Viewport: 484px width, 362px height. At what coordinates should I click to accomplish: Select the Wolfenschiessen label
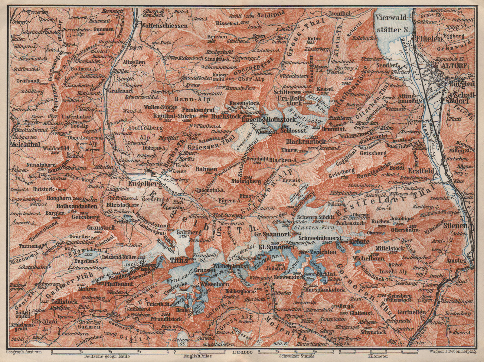click(x=161, y=26)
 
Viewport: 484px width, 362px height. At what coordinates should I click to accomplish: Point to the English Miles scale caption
click(x=199, y=357)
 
